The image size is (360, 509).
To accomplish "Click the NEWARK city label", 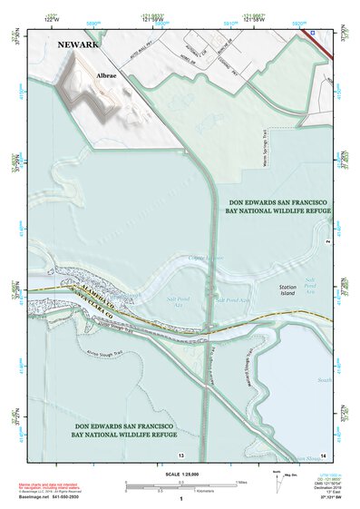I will [x=78, y=43].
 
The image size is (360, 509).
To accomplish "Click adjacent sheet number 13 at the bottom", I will [x=180, y=454].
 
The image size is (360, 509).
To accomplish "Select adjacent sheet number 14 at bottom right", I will [x=322, y=454].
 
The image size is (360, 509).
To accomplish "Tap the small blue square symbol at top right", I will [x=314, y=32].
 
